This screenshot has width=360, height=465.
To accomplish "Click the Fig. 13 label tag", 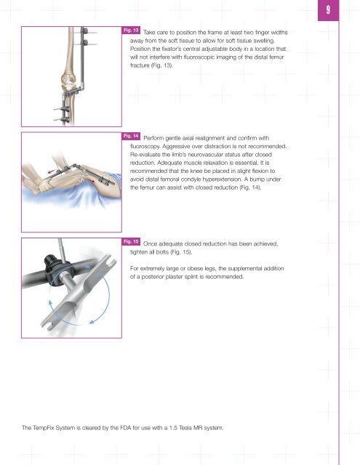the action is [131, 30].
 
